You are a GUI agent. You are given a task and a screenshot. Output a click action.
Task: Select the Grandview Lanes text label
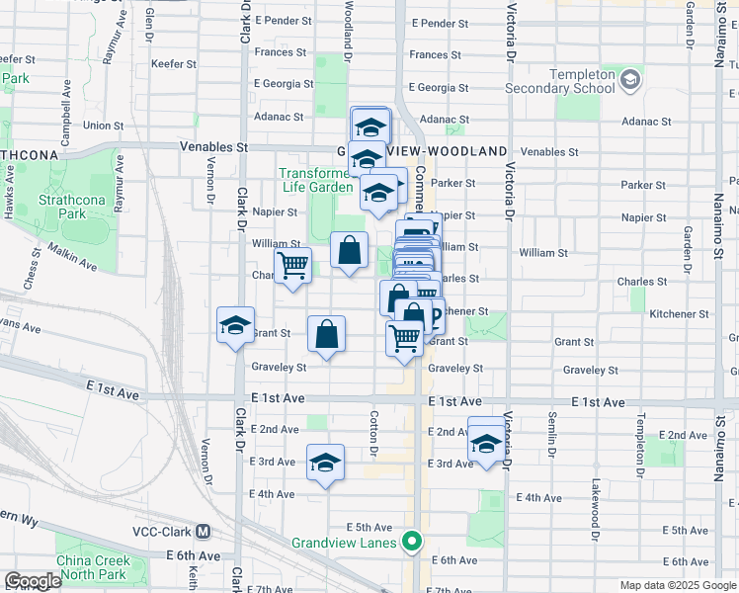pos(345,543)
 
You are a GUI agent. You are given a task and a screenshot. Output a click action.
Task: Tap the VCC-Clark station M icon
pos(204,530)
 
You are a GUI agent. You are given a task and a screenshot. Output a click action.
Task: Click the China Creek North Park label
pos(92,567)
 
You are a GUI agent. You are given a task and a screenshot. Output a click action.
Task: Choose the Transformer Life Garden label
pos(316,180)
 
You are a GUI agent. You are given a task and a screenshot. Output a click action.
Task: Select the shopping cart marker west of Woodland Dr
pos(292,266)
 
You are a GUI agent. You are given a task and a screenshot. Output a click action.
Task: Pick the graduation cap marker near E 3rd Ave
pos(325,463)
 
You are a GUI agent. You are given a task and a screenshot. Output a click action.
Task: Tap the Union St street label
pos(104,126)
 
